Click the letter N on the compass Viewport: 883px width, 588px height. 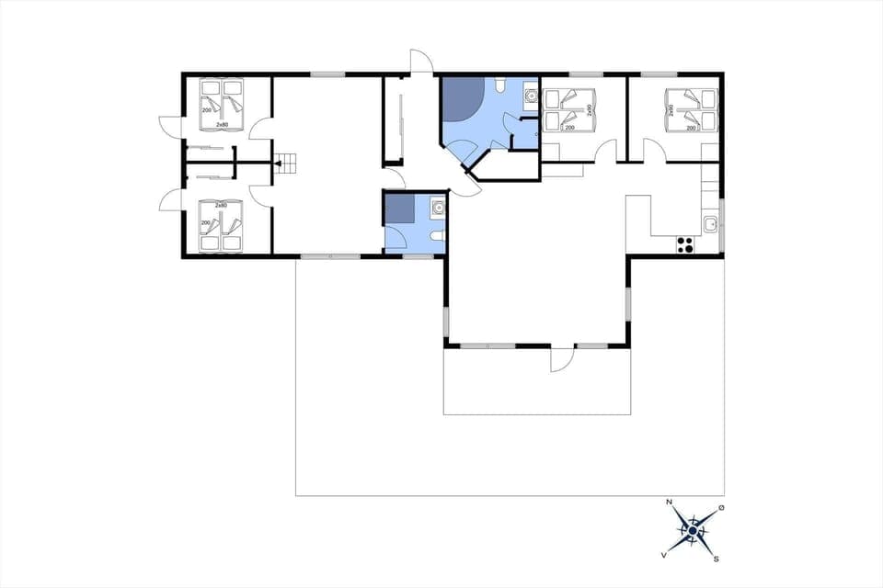pos(669,503)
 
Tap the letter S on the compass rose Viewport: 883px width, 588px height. pos(716,557)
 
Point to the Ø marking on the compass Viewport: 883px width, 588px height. pos(721,508)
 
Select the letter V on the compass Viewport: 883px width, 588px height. pos(663,555)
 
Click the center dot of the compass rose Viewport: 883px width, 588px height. pos(693,530)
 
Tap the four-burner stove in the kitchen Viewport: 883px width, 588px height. pos(685,243)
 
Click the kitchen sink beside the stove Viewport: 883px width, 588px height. pos(710,223)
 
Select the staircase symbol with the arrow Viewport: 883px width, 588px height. pos(288,164)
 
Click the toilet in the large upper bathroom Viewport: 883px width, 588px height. pos(498,86)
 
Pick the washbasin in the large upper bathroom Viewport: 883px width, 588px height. pos(531,94)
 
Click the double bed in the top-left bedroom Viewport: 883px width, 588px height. pos(222,101)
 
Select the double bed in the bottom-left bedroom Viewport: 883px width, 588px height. pos(222,228)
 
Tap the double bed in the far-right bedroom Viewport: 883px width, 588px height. pos(689,109)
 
